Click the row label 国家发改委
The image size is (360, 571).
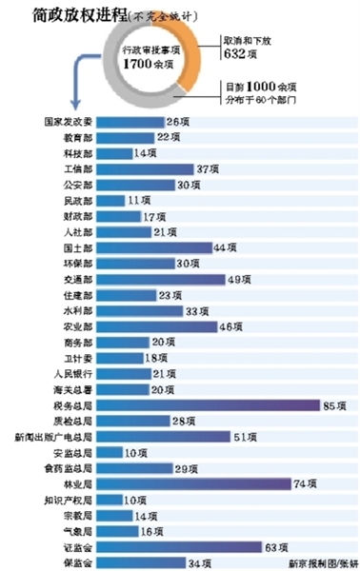68,123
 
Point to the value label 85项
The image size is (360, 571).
334,405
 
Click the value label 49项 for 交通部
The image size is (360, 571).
239,280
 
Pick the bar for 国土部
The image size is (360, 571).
152,248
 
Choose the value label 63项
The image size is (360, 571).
276,547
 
